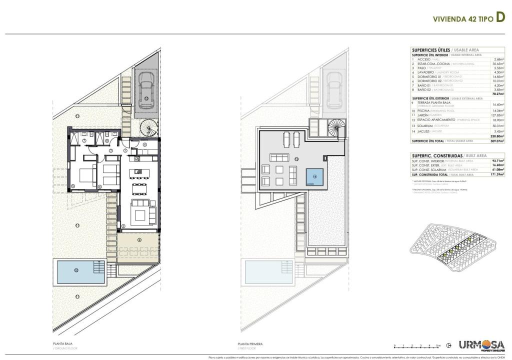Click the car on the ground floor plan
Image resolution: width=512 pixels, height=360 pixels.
point(146,88)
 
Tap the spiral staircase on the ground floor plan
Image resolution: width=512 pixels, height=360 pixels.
point(148,129)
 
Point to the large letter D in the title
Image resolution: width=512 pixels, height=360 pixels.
point(499,18)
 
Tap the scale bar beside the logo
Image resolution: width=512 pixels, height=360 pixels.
point(416,345)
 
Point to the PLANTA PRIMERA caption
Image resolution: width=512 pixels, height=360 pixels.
point(250,344)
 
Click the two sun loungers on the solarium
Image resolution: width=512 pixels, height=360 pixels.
point(292,138)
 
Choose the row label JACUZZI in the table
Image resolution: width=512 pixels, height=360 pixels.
point(423,131)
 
